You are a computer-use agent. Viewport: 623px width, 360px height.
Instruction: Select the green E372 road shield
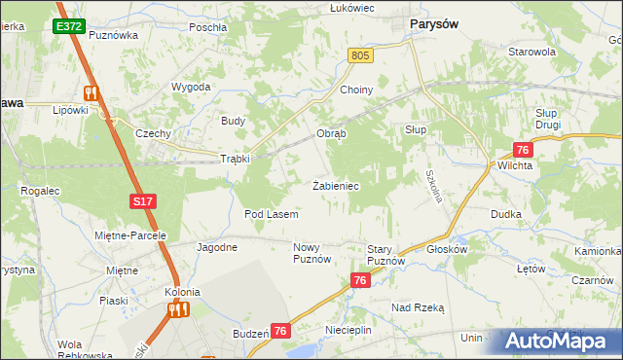(x=69, y=26)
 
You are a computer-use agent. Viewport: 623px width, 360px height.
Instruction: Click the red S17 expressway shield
(x=142, y=201)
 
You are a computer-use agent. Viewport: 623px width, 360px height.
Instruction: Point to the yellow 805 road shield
(x=360, y=57)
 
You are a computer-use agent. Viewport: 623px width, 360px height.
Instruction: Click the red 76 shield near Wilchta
(x=523, y=150)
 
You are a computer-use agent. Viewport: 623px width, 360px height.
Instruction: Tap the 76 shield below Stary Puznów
(x=361, y=280)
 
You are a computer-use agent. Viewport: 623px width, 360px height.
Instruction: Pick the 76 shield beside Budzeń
(x=280, y=332)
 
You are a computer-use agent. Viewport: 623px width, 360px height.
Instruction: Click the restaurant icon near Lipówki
(x=92, y=93)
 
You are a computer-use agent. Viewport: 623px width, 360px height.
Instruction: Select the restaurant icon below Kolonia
(x=178, y=309)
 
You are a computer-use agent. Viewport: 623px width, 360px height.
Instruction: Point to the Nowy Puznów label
(x=312, y=254)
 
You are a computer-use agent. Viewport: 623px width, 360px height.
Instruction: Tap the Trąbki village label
(x=235, y=159)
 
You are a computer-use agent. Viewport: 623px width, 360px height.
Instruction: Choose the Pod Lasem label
(x=271, y=213)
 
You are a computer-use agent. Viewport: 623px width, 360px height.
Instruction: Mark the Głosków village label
(x=448, y=249)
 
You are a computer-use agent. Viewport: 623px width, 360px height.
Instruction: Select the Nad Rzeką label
(x=418, y=307)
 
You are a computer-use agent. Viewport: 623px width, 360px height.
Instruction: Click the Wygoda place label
(x=191, y=87)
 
